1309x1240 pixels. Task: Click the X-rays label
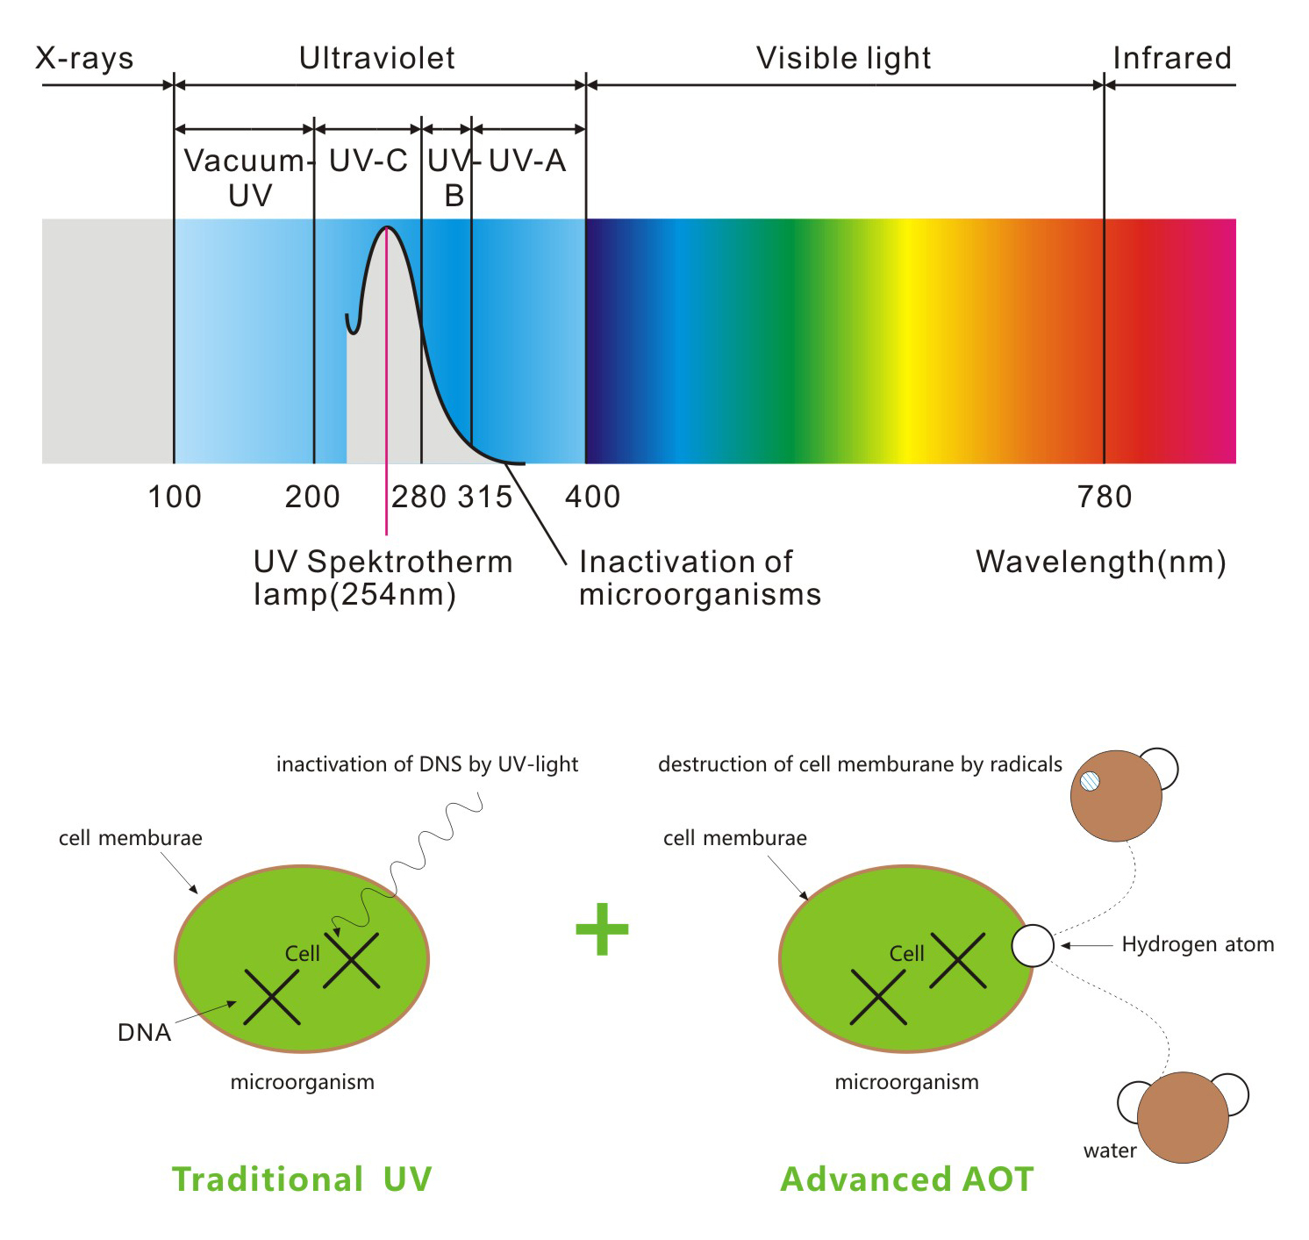pos(84,58)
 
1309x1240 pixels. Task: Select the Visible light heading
pos(843,59)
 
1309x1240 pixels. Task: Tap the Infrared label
pos(1172,58)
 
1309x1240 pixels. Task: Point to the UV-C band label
pos(368,161)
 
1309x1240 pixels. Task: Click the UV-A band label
pos(527,161)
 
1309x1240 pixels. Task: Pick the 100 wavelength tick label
pos(175,497)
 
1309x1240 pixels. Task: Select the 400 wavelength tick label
pos(592,497)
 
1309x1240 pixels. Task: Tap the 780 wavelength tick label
pos(1105,497)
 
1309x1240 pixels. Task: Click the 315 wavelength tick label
pos(485,497)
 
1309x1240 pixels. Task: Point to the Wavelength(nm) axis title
pos(1100,562)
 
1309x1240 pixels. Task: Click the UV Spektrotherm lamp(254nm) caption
pos(383,578)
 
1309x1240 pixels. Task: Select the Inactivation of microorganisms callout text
pos(700,578)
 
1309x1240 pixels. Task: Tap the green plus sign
pos(602,929)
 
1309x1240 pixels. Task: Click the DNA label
pos(145,1031)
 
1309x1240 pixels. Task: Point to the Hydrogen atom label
pos(1198,944)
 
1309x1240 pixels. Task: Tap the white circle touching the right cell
pos(1032,945)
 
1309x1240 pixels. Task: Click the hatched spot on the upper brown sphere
pos(1090,780)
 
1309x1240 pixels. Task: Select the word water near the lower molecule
pos(1110,1150)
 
